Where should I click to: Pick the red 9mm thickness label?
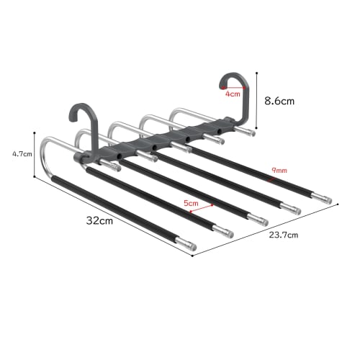(278, 171)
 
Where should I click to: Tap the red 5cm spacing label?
(191, 204)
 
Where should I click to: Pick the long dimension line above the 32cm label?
(108, 212)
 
